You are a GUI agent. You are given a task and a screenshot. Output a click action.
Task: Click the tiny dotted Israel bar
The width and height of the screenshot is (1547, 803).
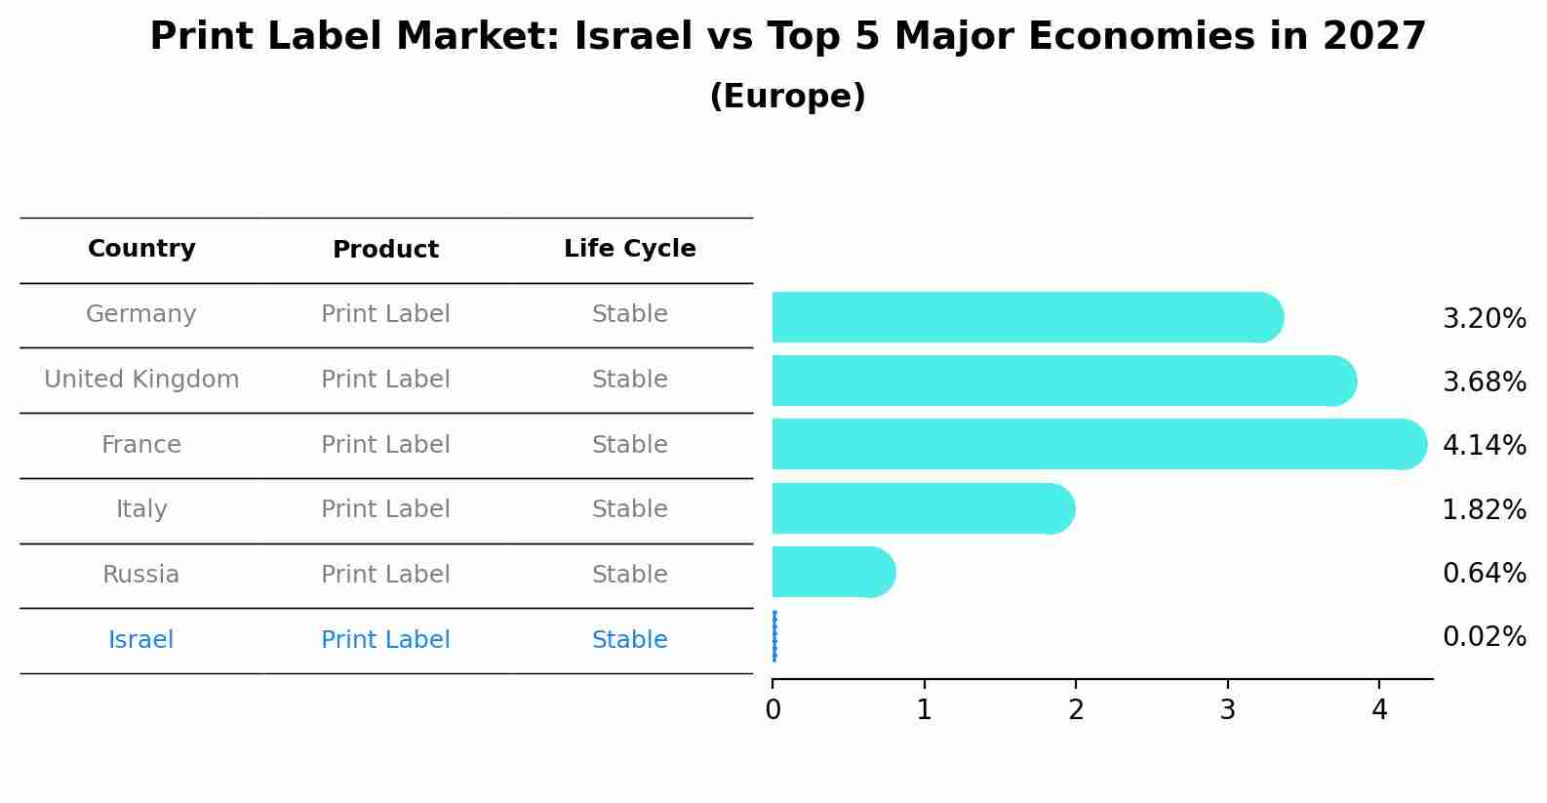[x=774, y=636]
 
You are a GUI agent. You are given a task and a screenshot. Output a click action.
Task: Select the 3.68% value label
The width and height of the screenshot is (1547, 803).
[x=1484, y=381]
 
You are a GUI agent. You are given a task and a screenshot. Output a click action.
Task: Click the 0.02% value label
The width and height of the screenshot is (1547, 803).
[x=1484, y=637]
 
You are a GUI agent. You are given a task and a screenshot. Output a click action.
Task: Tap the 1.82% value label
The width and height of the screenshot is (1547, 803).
[x=1484, y=509]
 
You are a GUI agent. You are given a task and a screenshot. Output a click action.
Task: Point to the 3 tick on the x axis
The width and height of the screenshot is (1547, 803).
[x=1227, y=710]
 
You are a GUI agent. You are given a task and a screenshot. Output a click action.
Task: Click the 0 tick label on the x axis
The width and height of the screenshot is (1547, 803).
[x=773, y=710]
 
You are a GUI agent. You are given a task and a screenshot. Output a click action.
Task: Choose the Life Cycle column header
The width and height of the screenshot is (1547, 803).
[x=629, y=249]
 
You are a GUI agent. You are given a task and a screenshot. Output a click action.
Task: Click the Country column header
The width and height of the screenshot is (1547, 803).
[x=141, y=249]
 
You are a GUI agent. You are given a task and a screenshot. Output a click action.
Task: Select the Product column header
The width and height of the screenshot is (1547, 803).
[x=385, y=250]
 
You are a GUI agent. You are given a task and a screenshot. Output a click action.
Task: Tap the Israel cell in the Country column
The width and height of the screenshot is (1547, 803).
[x=141, y=640]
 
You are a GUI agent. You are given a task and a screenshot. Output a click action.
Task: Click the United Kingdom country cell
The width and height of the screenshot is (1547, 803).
[x=141, y=380]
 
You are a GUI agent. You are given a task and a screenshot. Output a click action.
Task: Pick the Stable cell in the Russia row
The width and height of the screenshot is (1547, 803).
[x=629, y=575]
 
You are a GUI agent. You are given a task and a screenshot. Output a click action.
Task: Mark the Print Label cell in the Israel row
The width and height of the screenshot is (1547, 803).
[x=385, y=640]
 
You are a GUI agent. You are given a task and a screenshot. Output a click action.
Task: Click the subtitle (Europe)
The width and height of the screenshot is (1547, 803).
[x=787, y=97]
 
